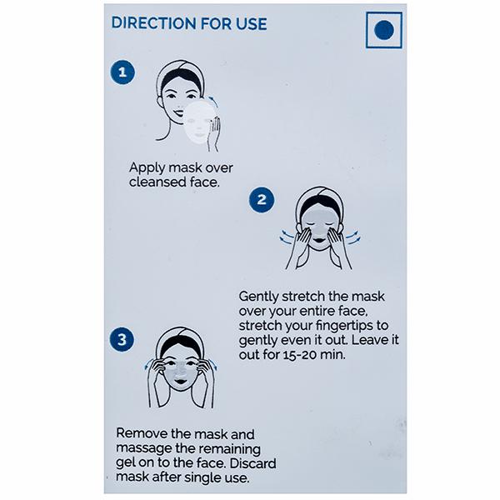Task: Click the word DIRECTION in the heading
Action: (153, 23)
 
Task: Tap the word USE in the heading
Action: (252, 24)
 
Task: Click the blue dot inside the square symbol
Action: (384, 30)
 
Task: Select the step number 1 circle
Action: (122, 72)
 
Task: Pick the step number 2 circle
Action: (262, 200)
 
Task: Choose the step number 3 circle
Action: (122, 339)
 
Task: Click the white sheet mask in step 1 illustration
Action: (199, 122)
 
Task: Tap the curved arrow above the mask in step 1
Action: (213, 101)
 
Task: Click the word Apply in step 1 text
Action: (147, 168)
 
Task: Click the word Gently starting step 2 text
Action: (258, 297)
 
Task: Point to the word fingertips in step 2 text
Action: (344, 326)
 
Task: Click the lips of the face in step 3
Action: (180, 382)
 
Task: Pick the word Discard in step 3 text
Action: (252, 463)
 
